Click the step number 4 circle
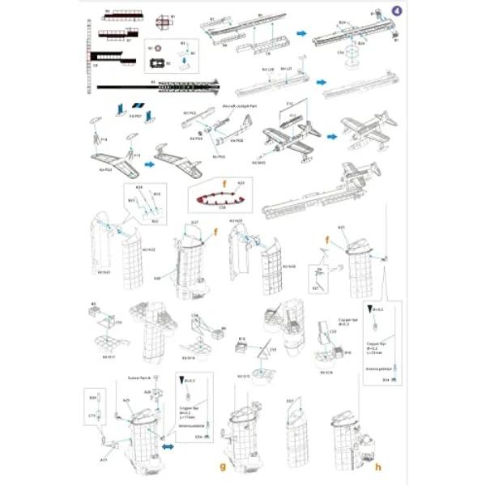click(x=396, y=10)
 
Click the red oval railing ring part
click(x=216, y=197)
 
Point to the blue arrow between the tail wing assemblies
click(x=149, y=162)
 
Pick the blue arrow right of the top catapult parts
click(x=301, y=33)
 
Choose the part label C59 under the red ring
click(x=222, y=207)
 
